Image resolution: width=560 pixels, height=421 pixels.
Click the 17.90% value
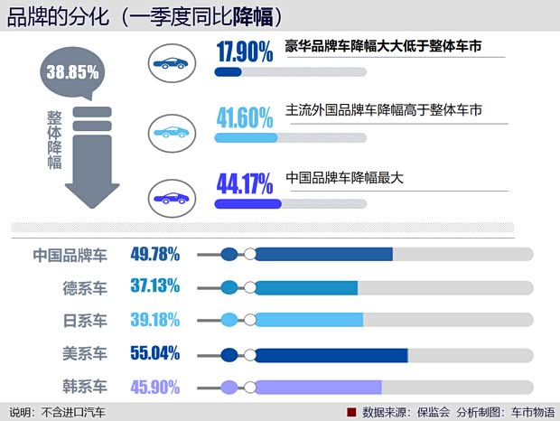[x=245, y=52]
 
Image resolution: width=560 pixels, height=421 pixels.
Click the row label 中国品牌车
[x=70, y=255]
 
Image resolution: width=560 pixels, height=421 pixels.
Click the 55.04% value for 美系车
[x=155, y=353]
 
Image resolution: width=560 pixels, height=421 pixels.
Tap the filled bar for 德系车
[x=306, y=288]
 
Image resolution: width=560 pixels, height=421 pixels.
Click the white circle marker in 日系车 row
[x=249, y=321]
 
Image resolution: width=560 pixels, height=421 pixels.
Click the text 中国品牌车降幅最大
[x=343, y=177]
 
